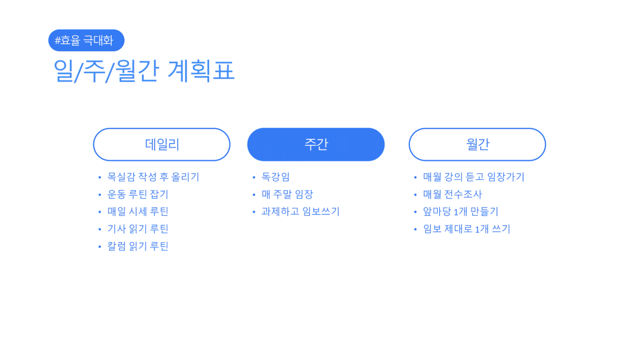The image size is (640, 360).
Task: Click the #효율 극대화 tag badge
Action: [x=86, y=40]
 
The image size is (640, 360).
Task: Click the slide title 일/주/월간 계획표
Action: [x=144, y=71]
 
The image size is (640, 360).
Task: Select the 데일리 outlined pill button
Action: [x=162, y=145]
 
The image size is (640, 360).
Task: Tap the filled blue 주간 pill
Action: [x=316, y=145]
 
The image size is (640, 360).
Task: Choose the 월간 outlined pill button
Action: [x=477, y=145]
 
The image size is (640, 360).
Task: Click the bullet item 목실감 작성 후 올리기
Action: [x=153, y=177]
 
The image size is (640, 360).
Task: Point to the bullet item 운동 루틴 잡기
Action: [x=138, y=194]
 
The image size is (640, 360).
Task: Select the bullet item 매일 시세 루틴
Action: [x=138, y=211]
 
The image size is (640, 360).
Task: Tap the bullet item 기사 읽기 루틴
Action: [x=138, y=229]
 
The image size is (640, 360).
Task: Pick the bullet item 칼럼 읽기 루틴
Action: [x=138, y=246]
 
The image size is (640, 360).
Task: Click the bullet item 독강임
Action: [x=276, y=177]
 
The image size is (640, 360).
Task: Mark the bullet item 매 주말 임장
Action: [x=288, y=194]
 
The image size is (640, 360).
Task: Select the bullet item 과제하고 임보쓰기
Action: [x=300, y=211]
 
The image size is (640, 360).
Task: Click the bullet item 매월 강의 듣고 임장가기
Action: [x=474, y=177]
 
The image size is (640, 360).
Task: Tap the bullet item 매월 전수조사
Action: [x=452, y=194]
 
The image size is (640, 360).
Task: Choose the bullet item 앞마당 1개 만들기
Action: [x=460, y=211]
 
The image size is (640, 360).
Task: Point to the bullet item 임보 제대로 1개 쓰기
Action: [x=466, y=229]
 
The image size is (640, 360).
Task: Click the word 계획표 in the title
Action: [x=201, y=71]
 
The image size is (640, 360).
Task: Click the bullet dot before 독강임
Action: [x=254, y=178]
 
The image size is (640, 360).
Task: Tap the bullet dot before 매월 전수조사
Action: [x=415, y=195]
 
